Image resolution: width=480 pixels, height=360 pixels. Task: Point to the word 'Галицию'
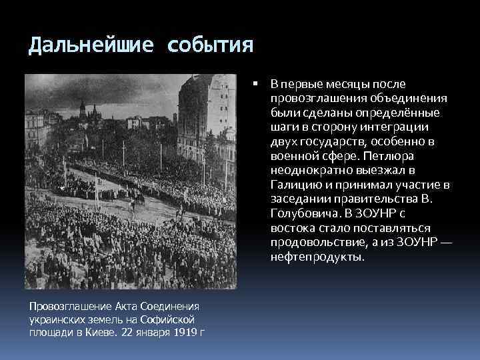click(x=297, y=185)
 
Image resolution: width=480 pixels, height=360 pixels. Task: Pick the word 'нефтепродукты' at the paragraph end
click(x=317, y=256)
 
